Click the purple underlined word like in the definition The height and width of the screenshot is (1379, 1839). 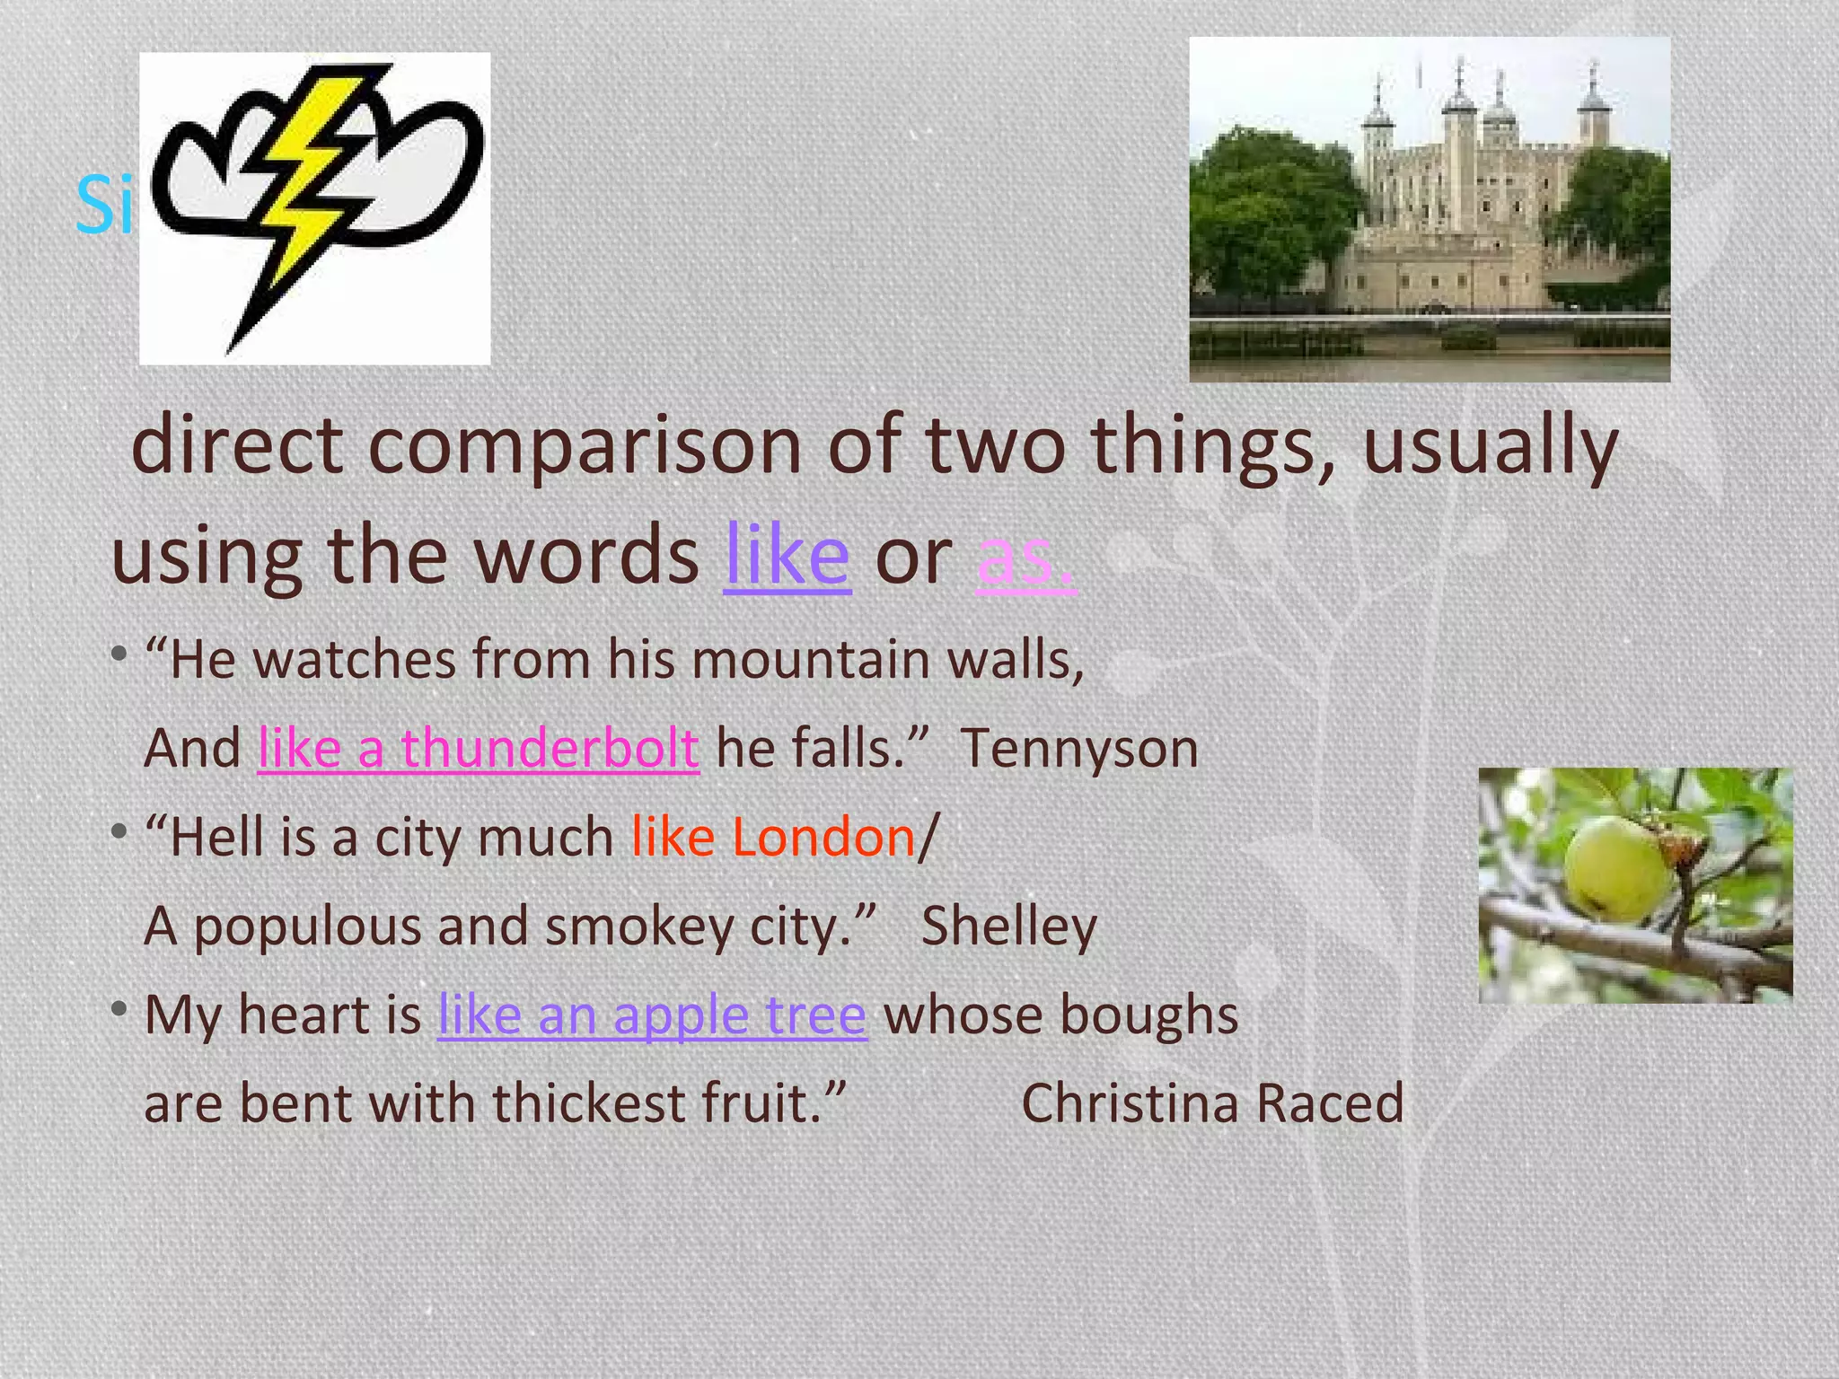pos(787,557)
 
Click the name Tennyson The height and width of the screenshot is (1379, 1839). pos(1079,749)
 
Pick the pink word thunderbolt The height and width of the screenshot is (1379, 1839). pos(550,749)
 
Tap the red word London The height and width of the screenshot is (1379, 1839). pos(823,838)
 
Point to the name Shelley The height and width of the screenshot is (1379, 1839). pos(1008,927)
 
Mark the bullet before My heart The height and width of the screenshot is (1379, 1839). pos(119,1010)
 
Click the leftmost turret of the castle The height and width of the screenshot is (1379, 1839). pos(1376,126)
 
